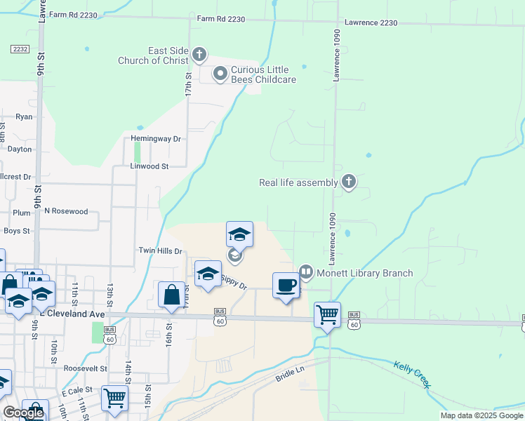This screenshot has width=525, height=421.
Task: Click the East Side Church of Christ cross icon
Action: (x=199, y=54)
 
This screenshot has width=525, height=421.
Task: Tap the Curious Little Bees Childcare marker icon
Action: (x=220, y=73)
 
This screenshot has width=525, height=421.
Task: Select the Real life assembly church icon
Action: (x=348, y=182)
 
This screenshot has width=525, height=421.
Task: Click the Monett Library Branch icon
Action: (x=305, y=272)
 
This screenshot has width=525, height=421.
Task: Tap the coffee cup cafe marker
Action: (x=286, y=286)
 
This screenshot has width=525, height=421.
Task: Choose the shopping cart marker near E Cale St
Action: (x=115, y=399)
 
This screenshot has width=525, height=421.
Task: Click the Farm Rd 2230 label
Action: (x=220, y=20)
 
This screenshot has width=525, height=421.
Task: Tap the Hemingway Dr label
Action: (x=156, y=139)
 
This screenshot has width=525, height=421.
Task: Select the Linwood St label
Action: (x=149, y=167)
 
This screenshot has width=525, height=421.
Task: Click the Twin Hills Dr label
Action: (x=160, y=250)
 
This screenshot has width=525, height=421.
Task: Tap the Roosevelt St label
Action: (x=85, y=368)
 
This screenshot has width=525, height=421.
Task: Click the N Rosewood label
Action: (x=66, y=211)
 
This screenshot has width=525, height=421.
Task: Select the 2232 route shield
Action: (x=20, y=48)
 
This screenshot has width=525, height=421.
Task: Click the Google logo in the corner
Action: (x=23, y=413)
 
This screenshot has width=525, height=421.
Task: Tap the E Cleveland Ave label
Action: (x=70, y=314)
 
